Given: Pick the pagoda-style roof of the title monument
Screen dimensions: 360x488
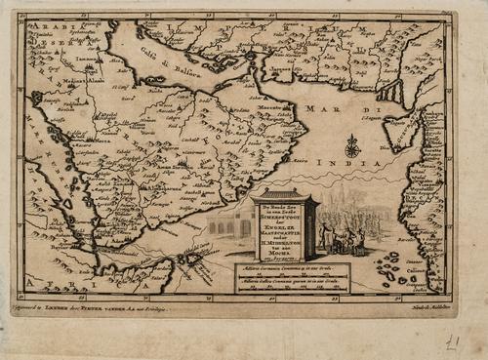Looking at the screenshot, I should (284, 196).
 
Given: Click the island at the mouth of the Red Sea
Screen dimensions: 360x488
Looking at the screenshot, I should (191, 259).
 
